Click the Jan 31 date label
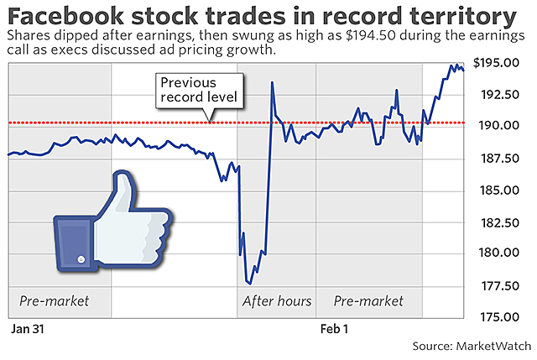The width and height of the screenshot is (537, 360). pos(25,330)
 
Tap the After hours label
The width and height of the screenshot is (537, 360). pos(277,301)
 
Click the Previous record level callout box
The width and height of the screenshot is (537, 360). pos(200,91)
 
